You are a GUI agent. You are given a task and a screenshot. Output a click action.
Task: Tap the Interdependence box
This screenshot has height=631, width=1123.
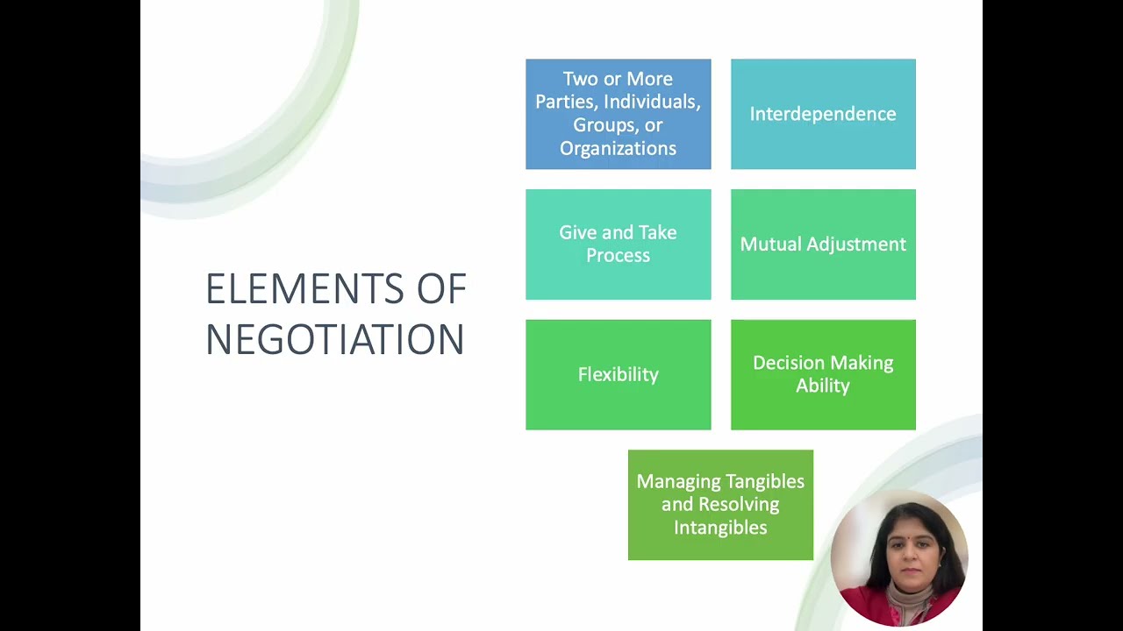click(823, 114)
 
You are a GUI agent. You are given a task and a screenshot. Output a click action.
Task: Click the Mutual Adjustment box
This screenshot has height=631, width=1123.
click(823, 245)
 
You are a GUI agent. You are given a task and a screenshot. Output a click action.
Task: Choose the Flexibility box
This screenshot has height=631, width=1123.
click(618, 374)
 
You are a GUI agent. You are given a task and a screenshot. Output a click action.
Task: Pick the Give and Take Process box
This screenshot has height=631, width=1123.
click(618, 245)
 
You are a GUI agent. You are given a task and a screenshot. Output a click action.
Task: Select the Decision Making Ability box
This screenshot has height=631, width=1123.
click(823, 374)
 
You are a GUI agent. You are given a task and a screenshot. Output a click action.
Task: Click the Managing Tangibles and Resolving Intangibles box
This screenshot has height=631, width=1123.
click(720, 505)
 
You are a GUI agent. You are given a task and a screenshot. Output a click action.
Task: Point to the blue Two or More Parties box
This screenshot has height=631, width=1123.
click(618, 114)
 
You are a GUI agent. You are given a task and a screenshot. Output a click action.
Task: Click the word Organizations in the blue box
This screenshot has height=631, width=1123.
click(618, 148)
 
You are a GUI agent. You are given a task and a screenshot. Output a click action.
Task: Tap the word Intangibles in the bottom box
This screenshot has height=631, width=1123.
click(720, 528)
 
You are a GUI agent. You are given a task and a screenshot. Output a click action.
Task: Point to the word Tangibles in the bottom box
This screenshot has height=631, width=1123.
click(762, 481)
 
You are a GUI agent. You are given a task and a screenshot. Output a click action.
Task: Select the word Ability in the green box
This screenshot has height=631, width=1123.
click(823, 386)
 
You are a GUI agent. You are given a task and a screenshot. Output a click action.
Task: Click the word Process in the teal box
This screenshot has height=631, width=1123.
click(618, 256)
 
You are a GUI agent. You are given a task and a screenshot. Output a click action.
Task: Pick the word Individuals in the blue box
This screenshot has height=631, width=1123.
click(652, 102)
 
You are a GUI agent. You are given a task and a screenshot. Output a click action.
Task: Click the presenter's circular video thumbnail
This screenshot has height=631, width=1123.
click(898, 558)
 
